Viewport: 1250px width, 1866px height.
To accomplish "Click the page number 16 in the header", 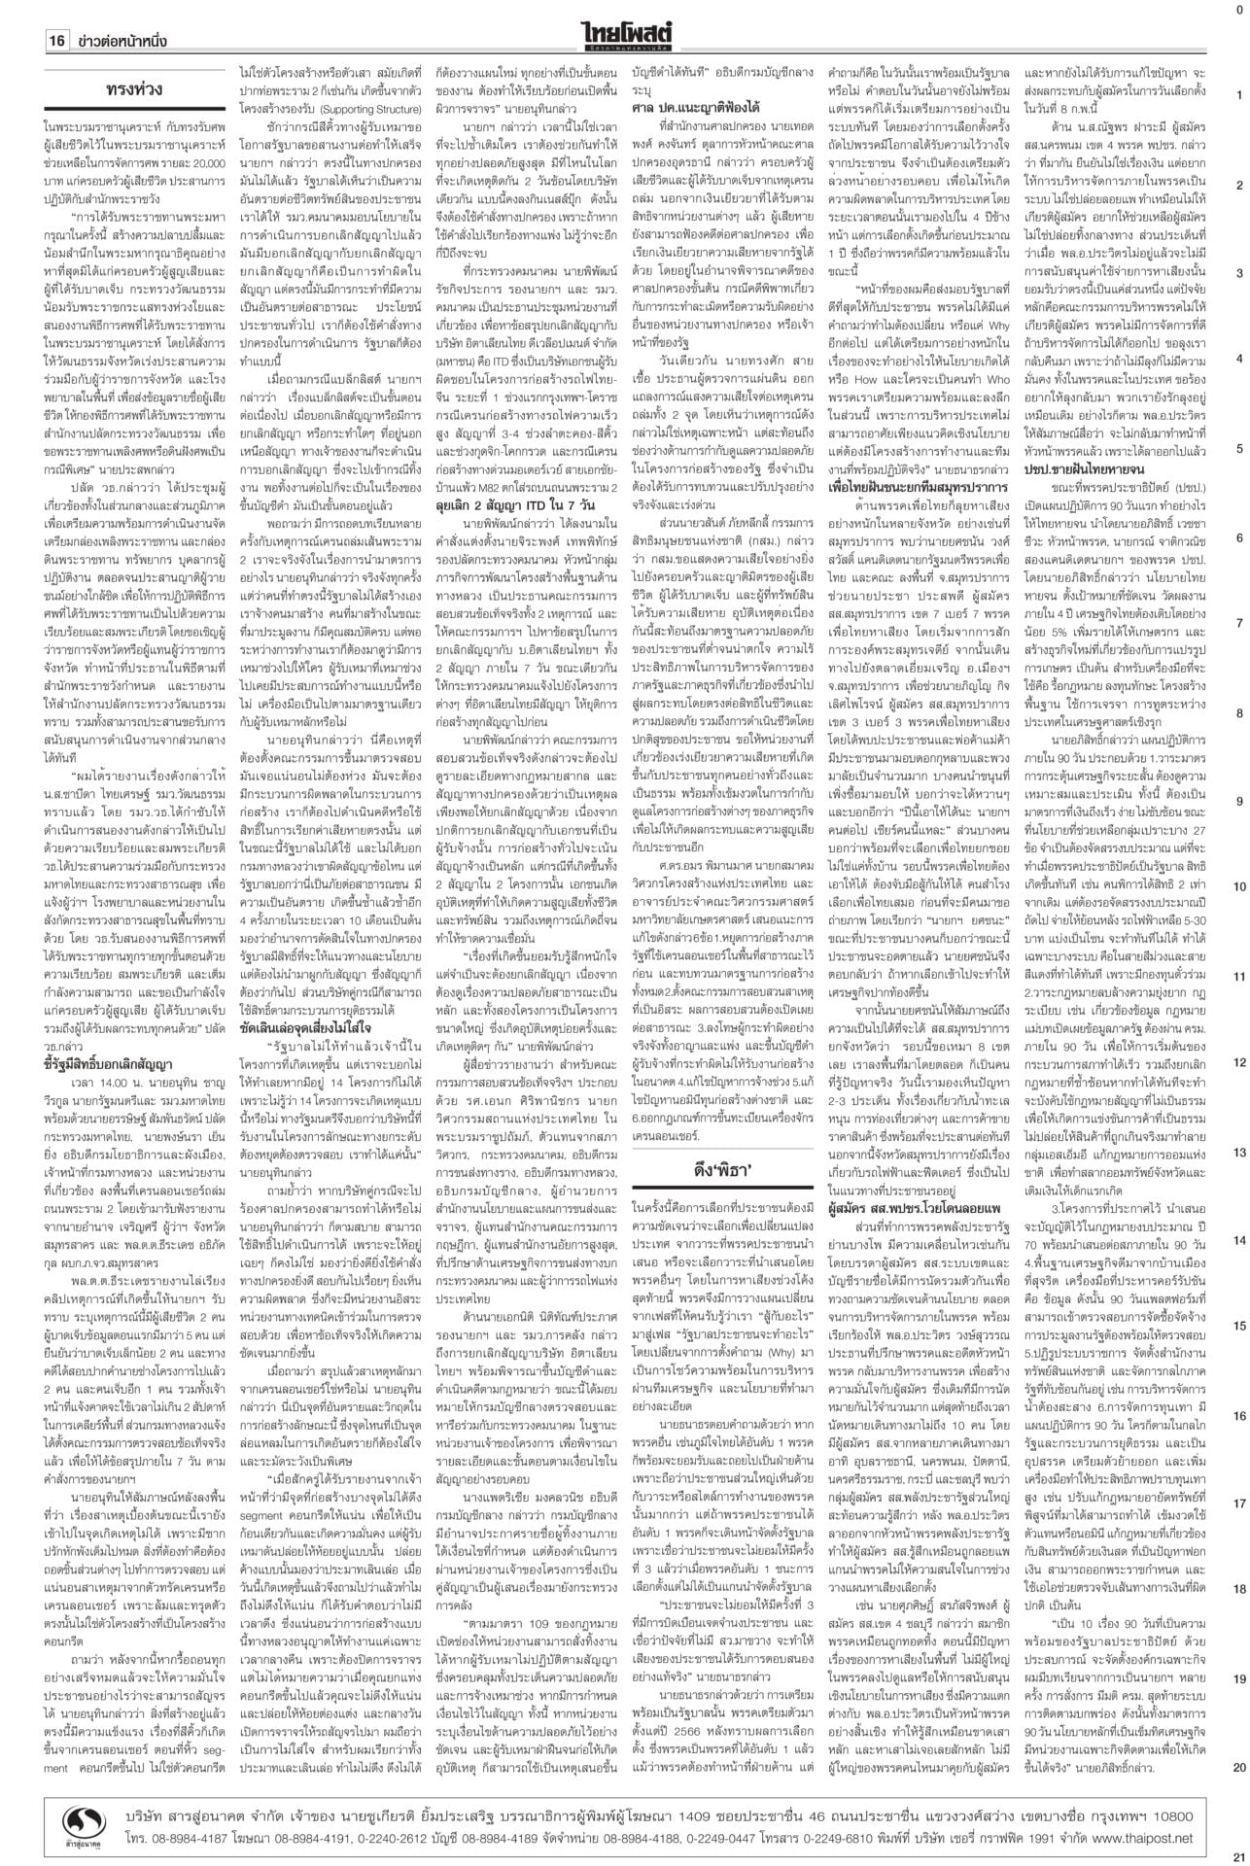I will [x=56, y=42].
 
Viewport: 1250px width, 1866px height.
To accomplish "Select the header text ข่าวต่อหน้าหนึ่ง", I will [x=122, y=42].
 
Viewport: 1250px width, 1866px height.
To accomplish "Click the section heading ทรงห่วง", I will [x=133, y=90].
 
